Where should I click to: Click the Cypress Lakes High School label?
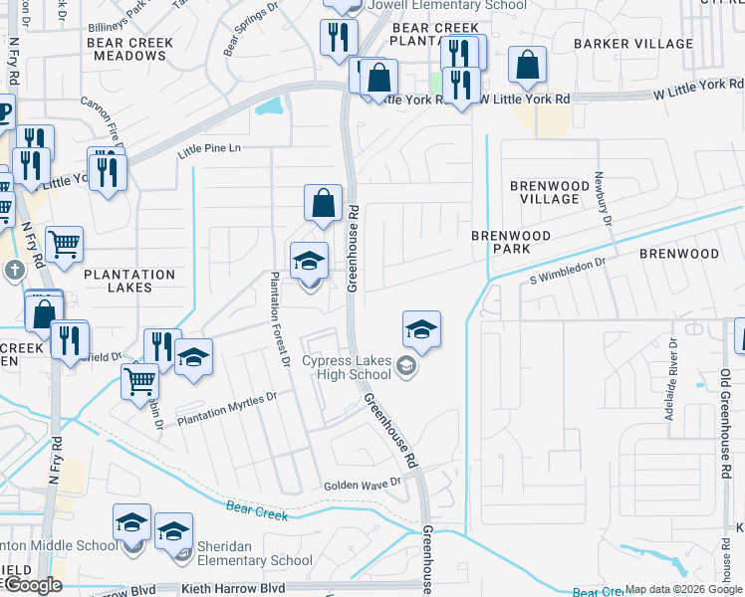pos(347,367)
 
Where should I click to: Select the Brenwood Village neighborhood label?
pos(544,192)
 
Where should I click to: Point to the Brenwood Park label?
pos(510,242)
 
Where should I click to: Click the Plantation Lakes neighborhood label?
pos(129,281)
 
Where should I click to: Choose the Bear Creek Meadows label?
pos(129,49)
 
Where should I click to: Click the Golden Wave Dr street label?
pos(362,485)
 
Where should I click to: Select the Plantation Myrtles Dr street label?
pos(225,409)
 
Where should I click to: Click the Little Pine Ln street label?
pos(209,149)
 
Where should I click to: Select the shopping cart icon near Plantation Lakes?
pos(64,241)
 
